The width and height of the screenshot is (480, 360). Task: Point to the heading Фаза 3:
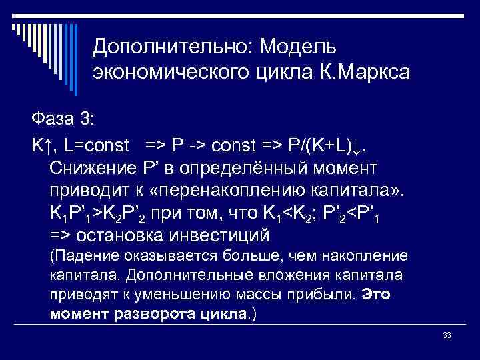pos(63,119)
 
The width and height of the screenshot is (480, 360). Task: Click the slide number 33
pos(447,335)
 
